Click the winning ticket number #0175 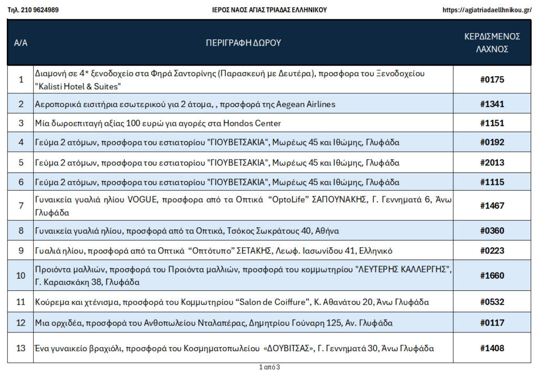tap(492, 80)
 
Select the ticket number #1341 tap(492, 104)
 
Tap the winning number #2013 tap(492, 163)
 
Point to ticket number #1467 tap(492, 205)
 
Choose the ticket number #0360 tap(492, 230)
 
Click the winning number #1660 tap(492, 276)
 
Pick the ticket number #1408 tap(492, 348)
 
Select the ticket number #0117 tap(492, 322)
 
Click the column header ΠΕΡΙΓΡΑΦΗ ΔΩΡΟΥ tap(243, 43)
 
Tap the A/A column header tap(20, 43)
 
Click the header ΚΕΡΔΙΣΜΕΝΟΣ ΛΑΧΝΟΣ tap(492, 43)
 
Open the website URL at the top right tap(487, 10)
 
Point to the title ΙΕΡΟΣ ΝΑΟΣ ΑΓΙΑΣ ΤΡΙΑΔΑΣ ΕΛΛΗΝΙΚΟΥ tap(269, 10)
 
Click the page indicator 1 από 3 tap(270, 367)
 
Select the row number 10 tap(20, 276)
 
